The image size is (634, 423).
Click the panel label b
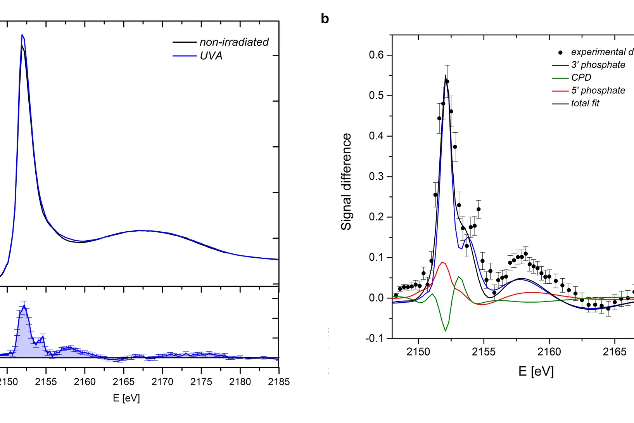[x=325, y=19]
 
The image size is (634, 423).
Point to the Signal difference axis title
[x=346, y=182]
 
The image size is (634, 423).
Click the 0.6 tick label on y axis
[x=376, y=55]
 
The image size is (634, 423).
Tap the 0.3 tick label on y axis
[x=376, y=177]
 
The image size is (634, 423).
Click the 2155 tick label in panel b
[x=484, y=352]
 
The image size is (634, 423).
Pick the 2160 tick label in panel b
[x=549, y=352]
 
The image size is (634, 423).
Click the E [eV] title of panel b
[x=536, y=371]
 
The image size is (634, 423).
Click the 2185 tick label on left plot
[x=278, y=382]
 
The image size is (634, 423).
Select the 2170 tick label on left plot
[x=162, y=382]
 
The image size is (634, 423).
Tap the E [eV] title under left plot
[x=126, y=398]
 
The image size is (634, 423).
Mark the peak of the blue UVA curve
[x=22, y=35]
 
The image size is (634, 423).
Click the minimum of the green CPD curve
[x=445, y=331]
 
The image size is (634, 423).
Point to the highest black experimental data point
[x=447, y=81]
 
